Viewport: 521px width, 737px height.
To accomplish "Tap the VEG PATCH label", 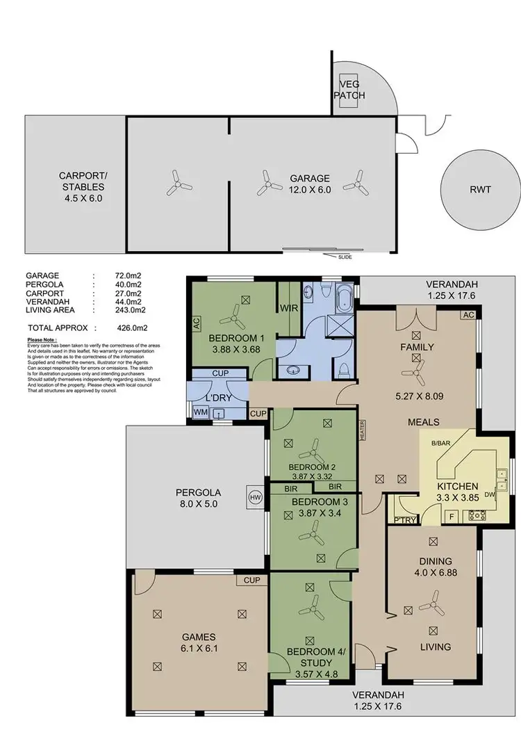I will (x=349, y=90).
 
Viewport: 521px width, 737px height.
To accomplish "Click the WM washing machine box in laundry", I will (x=201, y=413).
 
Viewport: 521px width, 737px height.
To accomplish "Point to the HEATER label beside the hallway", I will (x=362, y=432).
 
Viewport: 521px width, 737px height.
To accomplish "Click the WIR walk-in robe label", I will (x=288, y=307).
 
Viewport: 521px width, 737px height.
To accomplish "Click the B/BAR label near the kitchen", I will (x=439, y=442).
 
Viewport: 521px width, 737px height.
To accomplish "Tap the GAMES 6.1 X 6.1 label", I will (x=199, y=642).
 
